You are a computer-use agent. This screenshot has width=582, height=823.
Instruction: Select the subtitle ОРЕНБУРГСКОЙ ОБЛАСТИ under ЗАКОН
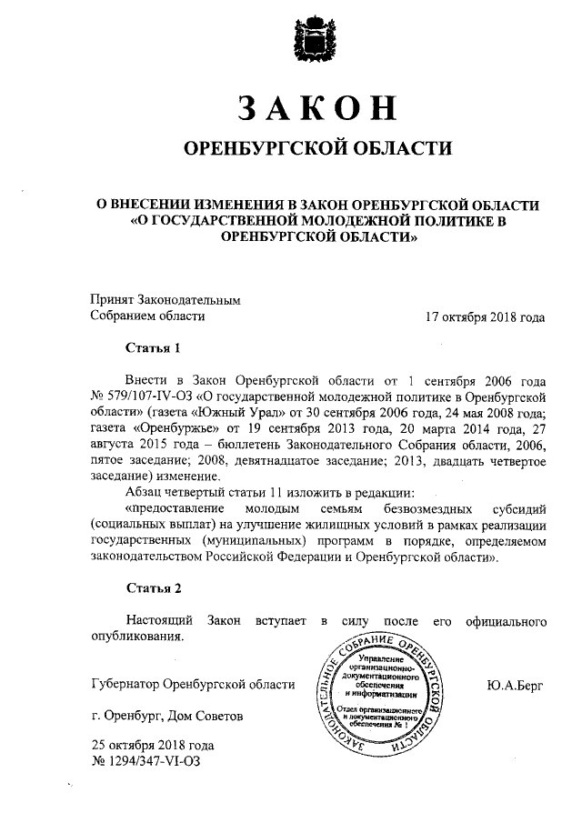tap(317, 148)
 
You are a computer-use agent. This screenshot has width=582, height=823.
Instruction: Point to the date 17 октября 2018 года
tap(485, 317)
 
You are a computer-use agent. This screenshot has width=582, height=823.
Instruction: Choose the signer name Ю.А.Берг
tap(515, 685)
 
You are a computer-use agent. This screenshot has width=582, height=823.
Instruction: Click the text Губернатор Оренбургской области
tap(194, 685)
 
